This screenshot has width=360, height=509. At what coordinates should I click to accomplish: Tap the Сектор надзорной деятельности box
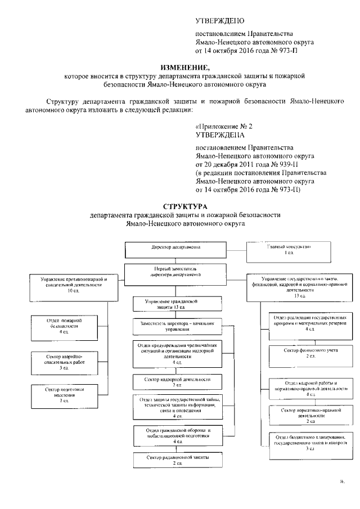click(175, 382)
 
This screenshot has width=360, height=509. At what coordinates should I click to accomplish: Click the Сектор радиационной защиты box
click(175, 460)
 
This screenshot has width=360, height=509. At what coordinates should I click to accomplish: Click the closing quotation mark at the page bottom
click(341, 482)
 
